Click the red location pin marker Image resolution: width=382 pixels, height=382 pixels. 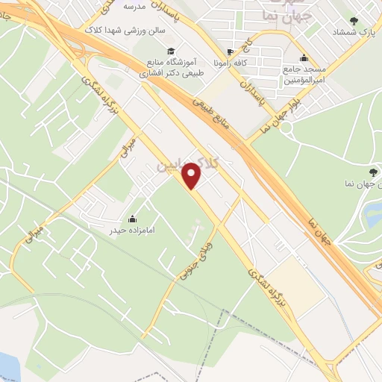192,175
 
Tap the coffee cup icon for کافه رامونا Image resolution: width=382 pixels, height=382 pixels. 230,52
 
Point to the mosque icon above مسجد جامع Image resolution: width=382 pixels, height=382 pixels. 303,58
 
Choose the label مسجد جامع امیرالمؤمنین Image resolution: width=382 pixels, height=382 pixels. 303,75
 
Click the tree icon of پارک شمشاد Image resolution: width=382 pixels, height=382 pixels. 353,22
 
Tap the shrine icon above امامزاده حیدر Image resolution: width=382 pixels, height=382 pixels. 131,218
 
